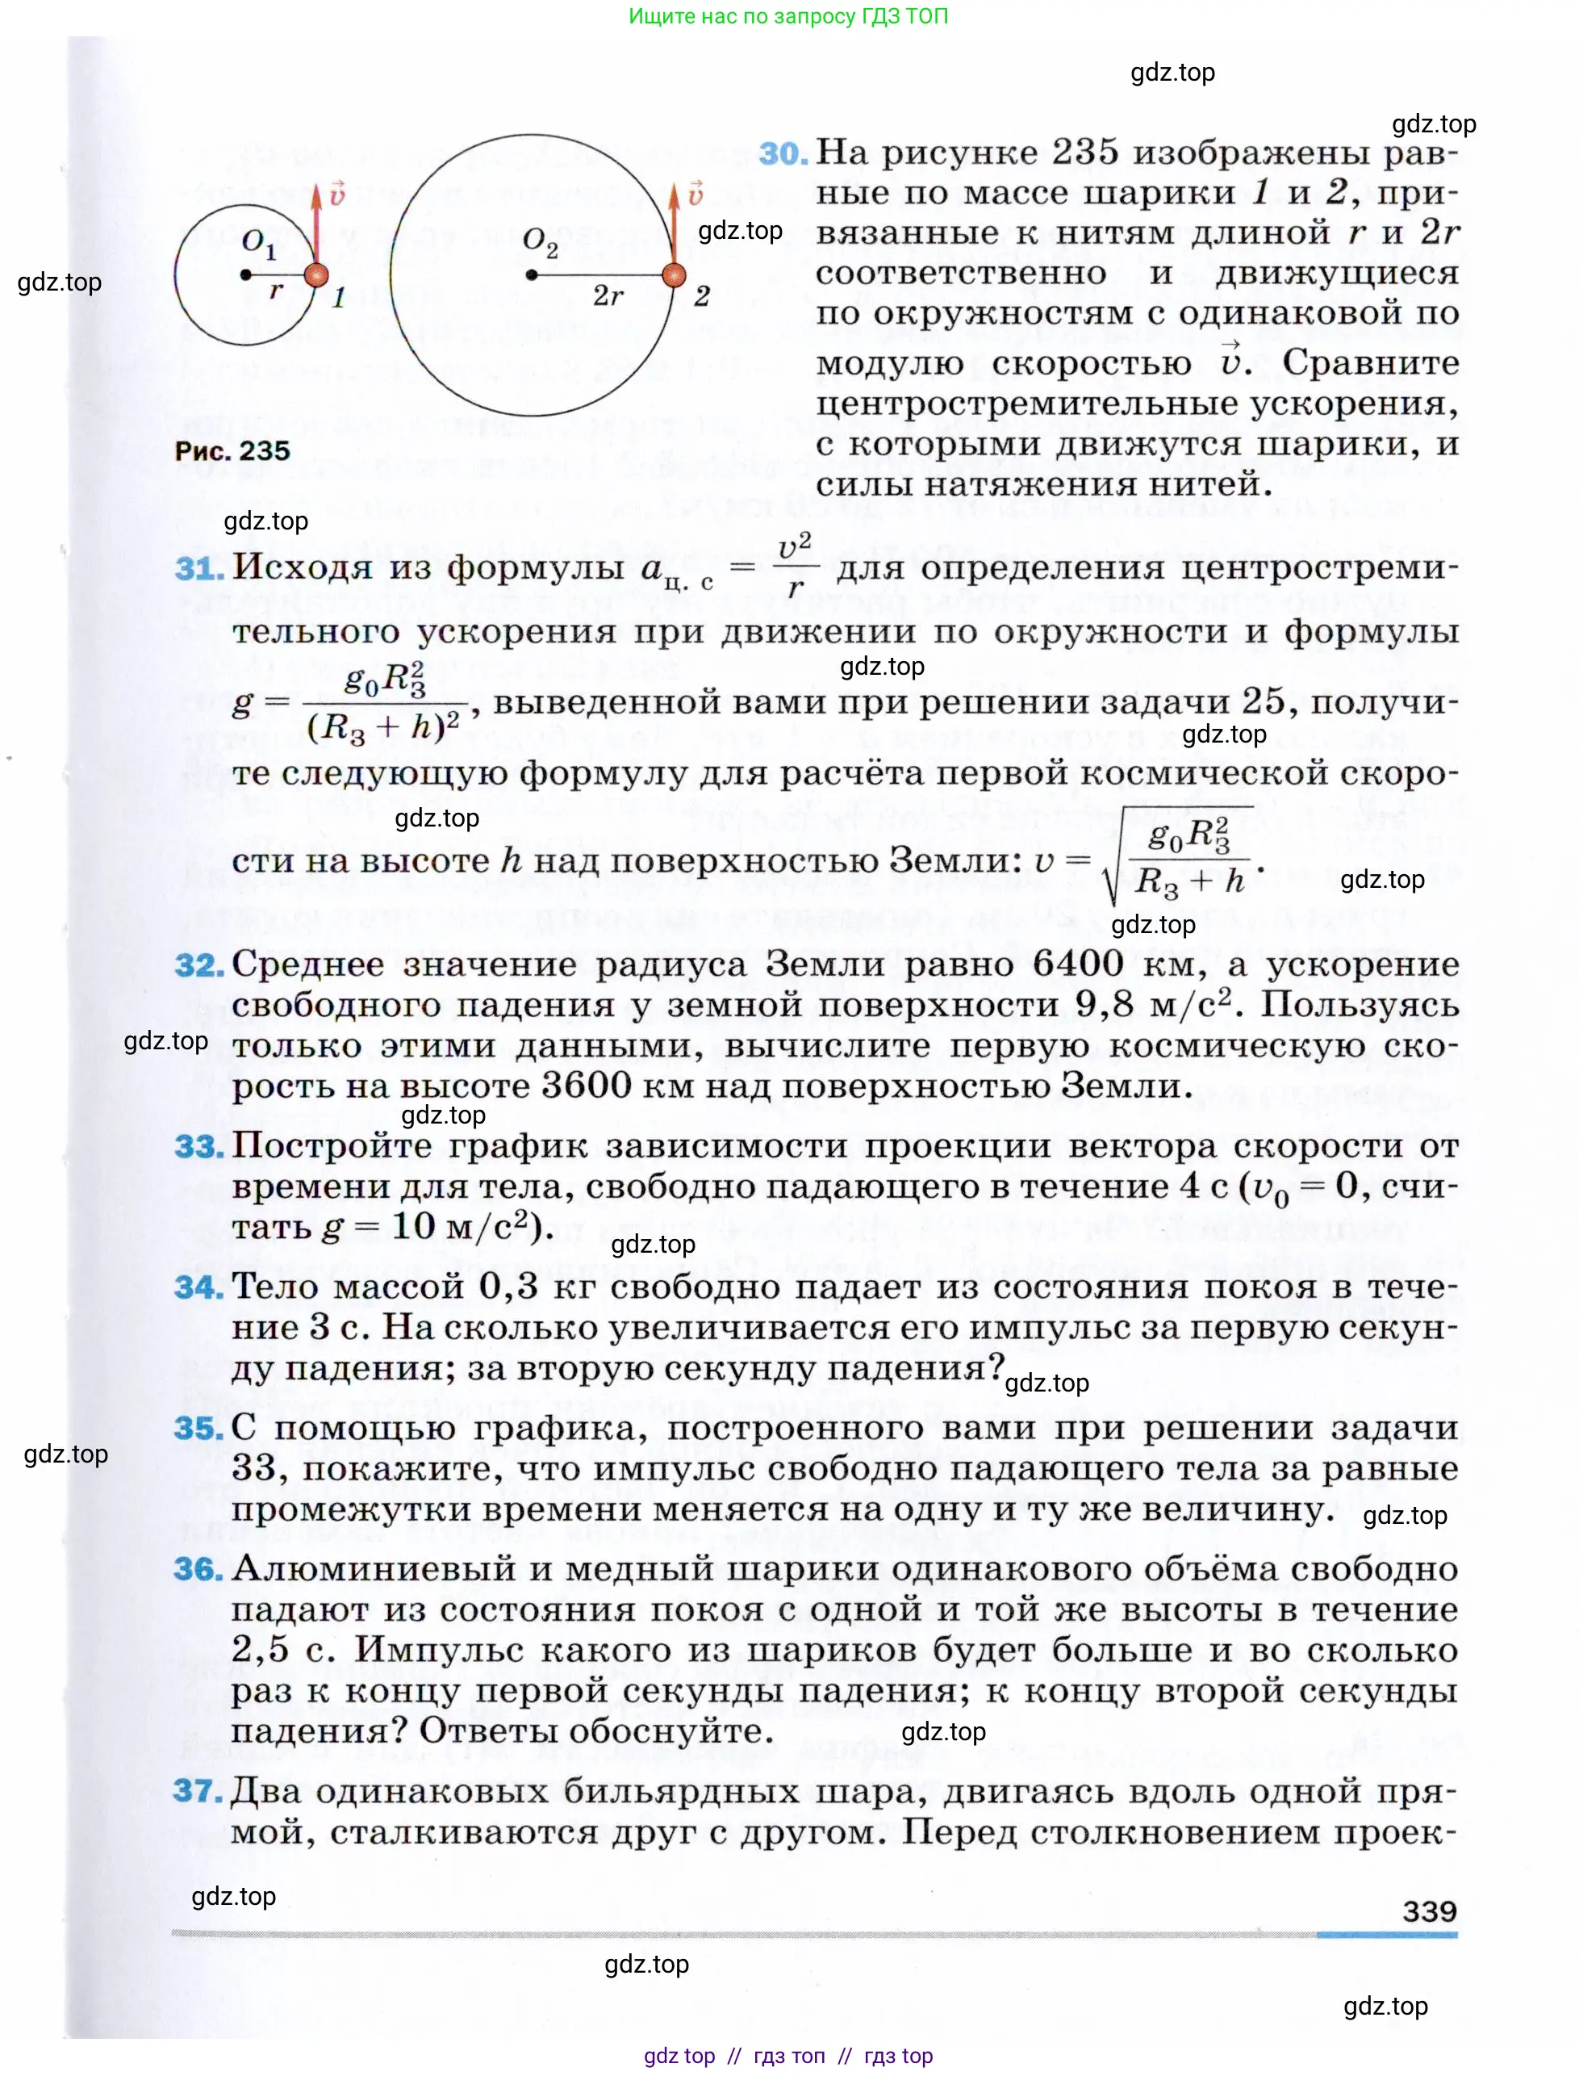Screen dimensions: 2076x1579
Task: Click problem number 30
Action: pyautogui.click(x=782, y=153)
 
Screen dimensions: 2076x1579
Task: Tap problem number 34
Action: pyautogui.click(x=198, y=1287)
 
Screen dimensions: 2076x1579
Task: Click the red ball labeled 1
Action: pyautogui.click(x=317, y=274)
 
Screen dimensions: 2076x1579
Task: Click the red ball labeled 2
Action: pyautogui.click(x=674, y=274)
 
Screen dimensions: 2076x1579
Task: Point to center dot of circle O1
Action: pyautogui.click(x=245, y=274)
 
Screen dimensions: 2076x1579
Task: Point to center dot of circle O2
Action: pyautogui.click(x=532, y=274)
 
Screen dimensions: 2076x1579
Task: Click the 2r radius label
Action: pyautogui.click(x=608, y=297)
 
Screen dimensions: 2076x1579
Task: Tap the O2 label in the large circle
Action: pyautogui.click(x=541, y=243)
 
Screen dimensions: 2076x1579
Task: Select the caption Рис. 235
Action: pyautogui.click(x=232, y=450)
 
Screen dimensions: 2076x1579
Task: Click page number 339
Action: pyautogui.click(x=1429, y=1911)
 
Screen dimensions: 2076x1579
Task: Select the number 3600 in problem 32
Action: pyautogui.click(x=587, y=1086)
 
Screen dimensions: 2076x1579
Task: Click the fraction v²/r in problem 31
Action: pyautogui.click(x=795, y=567)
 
